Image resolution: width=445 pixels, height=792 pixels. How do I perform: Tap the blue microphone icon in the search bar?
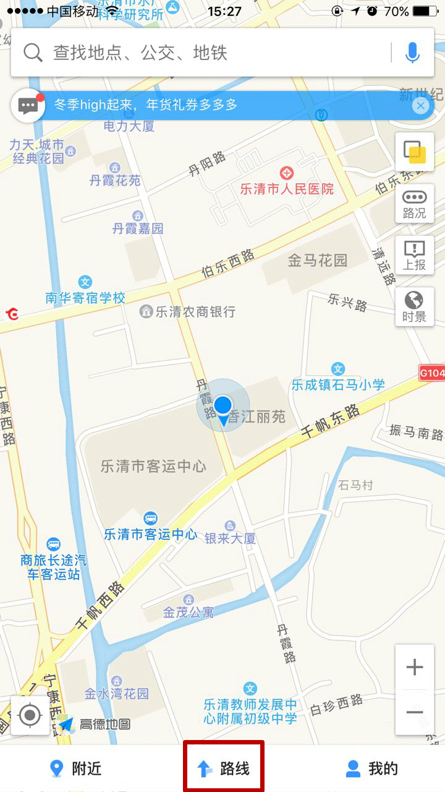point(412,53)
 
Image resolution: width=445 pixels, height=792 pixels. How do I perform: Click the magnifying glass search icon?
point(32,53)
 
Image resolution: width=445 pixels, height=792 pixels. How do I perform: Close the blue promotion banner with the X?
point(420,106)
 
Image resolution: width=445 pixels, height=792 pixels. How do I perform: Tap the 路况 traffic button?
point(414,204)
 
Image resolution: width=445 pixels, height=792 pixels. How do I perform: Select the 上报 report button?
point(414,255)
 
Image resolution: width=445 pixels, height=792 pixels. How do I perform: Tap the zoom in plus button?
point(414,667)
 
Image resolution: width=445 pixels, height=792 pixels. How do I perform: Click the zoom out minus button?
point(414,712)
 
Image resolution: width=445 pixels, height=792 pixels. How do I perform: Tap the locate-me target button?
point(30,715)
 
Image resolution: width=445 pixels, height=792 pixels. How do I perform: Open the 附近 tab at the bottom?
point(76,768)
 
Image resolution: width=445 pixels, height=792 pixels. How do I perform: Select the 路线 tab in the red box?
point(224,768)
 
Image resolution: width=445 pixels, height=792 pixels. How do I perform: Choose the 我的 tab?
point(372,768)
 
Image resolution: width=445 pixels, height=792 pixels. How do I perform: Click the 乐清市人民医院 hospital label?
point(287,188)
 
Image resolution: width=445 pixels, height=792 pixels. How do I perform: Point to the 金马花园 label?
point(318,260)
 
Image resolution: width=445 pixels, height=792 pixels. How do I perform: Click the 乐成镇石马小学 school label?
point(338,384)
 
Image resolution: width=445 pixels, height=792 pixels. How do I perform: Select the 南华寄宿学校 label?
point(85,298)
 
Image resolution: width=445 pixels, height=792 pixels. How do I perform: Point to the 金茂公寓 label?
point(189,612)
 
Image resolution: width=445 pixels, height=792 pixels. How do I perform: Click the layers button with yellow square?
point(414,151)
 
